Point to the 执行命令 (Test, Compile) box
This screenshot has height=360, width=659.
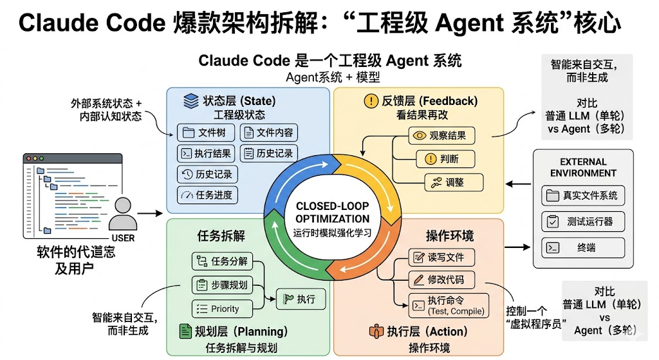click(x=449, y=304)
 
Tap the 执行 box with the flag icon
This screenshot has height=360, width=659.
click(x=301, y=299)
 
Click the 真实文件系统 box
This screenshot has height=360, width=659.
click(x=583, y=195)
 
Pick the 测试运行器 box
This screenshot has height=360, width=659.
click(x=583, y=222)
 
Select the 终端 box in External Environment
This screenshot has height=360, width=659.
click(x=583, y=247)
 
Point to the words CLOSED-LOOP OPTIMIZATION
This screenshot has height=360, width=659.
click(x=332, y=212)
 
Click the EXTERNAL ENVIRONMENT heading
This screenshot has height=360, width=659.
click(x=583, y=167)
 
